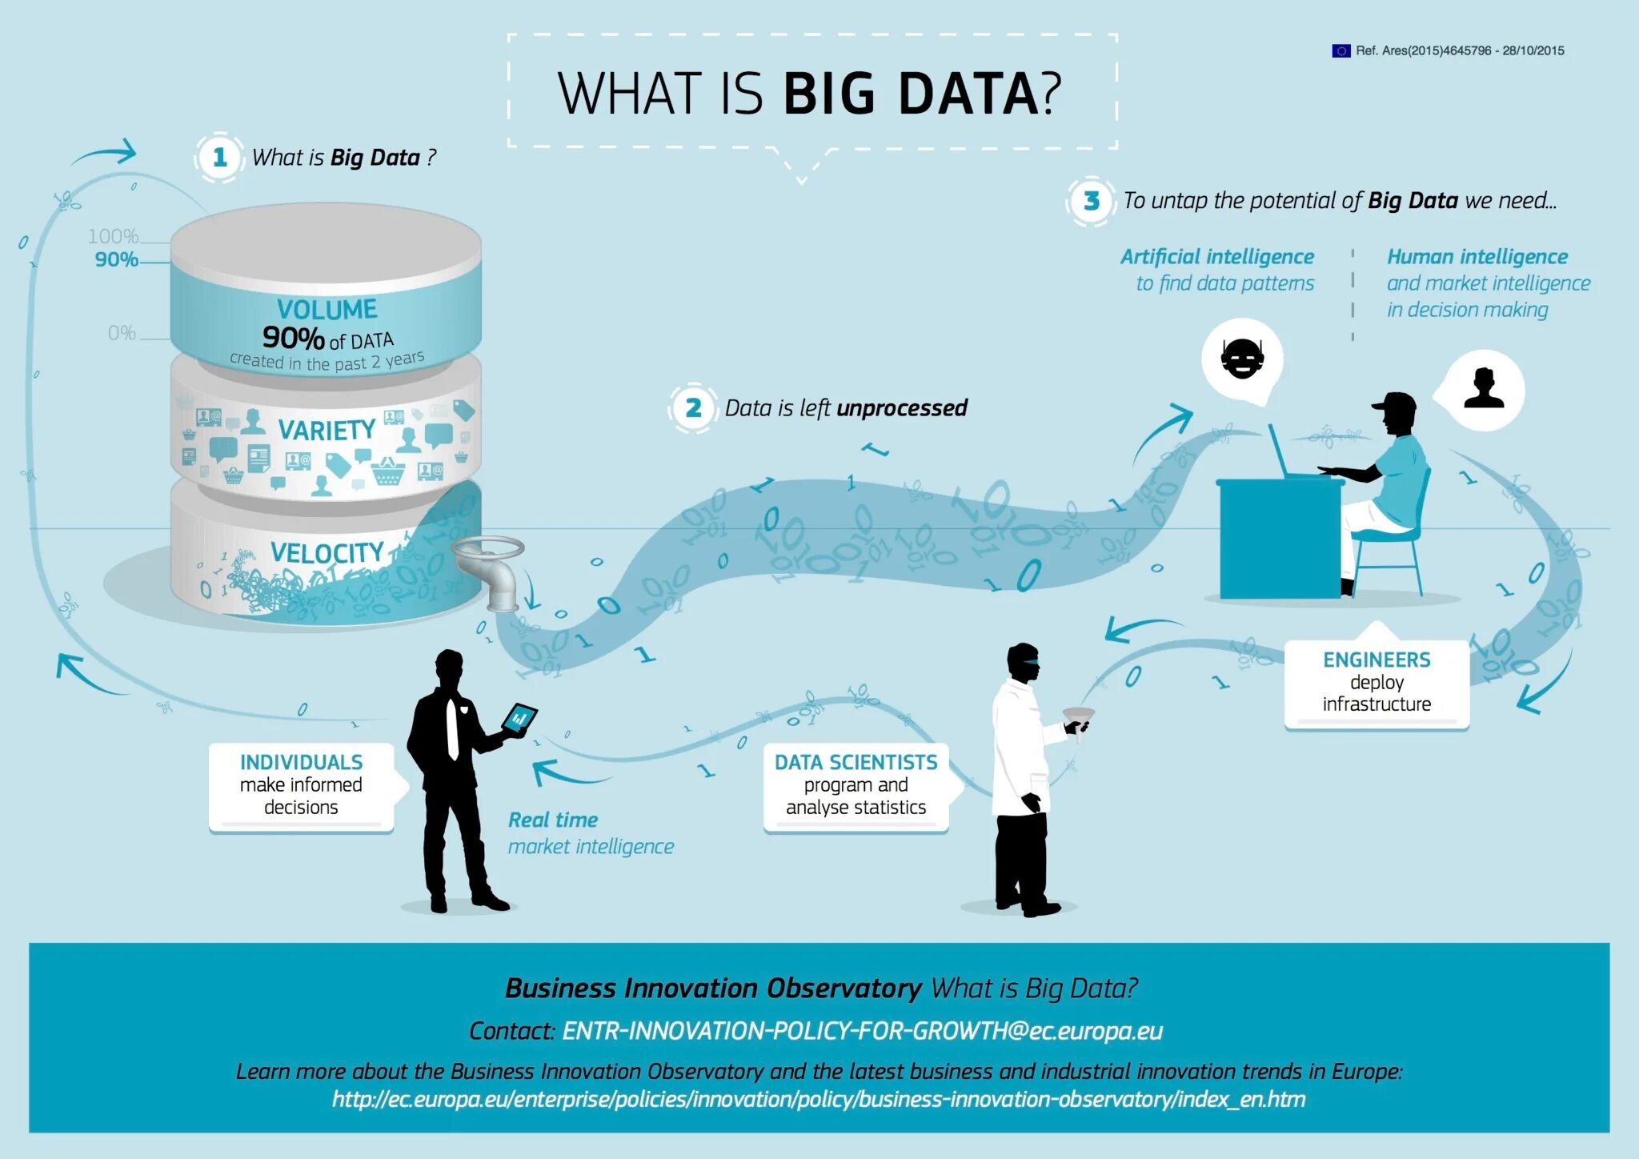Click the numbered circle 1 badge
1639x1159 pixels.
(219, 158)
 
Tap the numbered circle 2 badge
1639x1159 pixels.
(693, 408)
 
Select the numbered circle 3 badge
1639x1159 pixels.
(1091, 201)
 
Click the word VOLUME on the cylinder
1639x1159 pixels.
(327, 310)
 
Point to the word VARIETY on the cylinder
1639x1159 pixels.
(327, 431)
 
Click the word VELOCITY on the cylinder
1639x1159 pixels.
(327, 553)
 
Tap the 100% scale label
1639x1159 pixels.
(113, 236)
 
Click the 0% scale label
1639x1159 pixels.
(122, 333)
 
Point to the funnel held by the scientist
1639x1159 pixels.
(1078, 716)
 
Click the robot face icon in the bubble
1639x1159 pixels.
(1242, 359)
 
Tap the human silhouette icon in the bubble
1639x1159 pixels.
(1484, 389)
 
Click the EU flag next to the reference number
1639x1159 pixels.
(1340, 50)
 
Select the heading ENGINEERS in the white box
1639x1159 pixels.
(1377, 660)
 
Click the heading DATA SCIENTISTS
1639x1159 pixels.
(856, 762)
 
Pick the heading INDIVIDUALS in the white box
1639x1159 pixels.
(301, 762)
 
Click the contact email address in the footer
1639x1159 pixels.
(862, 1031)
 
